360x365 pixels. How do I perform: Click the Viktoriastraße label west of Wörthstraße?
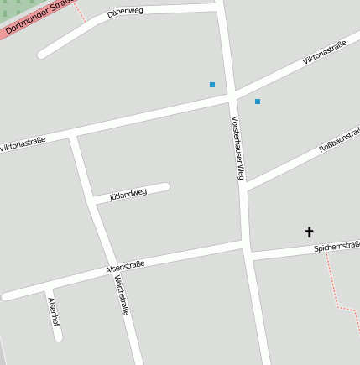[23, 144]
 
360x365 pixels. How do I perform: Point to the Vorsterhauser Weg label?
[238, 148]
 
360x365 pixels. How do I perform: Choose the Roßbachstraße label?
[340, 140]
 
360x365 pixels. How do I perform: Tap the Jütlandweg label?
[128, 195]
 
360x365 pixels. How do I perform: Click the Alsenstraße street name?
[125, 266]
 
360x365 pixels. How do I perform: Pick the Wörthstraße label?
[123, 295]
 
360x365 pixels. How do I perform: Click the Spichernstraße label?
[337, 248]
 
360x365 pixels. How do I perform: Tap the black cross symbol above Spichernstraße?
[309, 232]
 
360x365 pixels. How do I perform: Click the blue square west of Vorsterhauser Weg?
[212, 85]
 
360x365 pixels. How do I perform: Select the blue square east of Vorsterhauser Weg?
[258, 102]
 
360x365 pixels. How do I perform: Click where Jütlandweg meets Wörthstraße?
[91, 201]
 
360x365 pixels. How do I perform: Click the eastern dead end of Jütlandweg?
[166, 187]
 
